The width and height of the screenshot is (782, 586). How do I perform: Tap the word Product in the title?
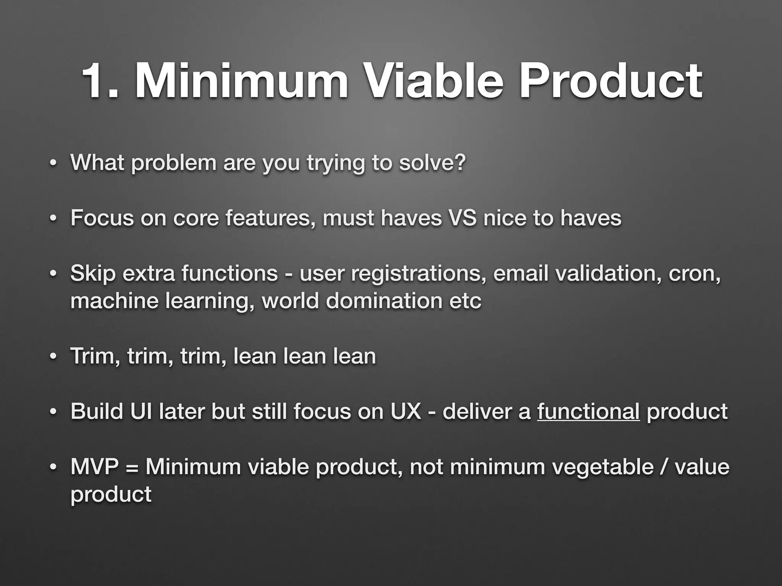[610, 82]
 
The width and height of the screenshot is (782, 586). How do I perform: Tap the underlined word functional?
[588, 412]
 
